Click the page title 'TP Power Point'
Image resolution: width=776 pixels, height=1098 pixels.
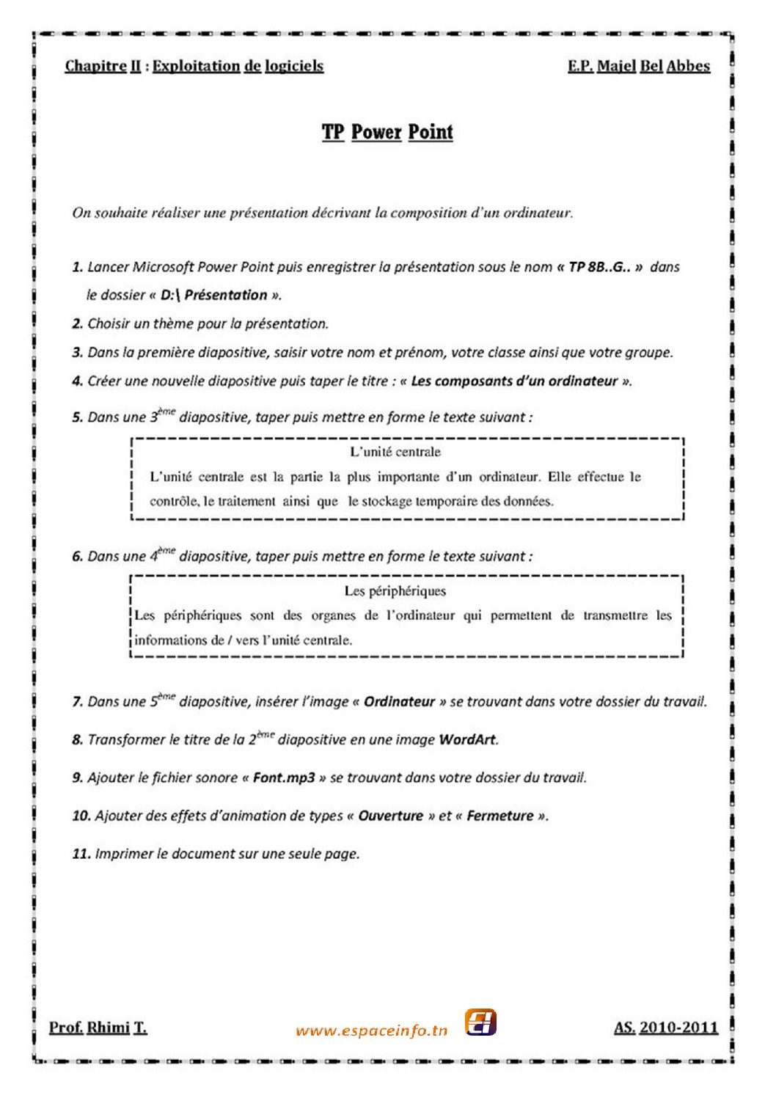(x=387, y=133)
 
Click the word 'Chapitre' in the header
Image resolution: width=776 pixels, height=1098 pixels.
(x=95, y=66)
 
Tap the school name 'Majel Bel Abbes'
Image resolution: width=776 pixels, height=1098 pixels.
(x=653, y=66)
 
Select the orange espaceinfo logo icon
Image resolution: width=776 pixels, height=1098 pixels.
(x=480, y=1022)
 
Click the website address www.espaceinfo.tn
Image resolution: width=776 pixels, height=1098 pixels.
(x=371, y=1031)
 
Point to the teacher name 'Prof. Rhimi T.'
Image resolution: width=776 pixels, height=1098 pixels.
(x=98, y=1028)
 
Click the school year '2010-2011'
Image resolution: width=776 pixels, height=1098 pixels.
(x=678, y=1028)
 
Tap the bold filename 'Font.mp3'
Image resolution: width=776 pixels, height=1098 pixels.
(x=285, y=777)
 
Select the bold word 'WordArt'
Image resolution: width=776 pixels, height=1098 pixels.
(x=467, y=739)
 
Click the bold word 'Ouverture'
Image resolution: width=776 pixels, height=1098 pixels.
(x=390, y=816)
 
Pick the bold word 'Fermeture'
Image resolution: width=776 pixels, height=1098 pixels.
(x=500, y=816)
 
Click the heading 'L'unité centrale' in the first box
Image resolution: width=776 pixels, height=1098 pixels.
(x=395, y=452)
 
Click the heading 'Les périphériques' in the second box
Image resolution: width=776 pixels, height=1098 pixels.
(x=395, y=591)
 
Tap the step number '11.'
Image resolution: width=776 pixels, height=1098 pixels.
(x=81, y=854)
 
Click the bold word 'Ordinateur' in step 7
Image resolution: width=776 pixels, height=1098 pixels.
(x=399, y=702)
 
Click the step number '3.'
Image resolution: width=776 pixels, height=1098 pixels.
(x=78, y=353)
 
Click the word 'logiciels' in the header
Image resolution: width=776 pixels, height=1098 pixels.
(x=294, y=66)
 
